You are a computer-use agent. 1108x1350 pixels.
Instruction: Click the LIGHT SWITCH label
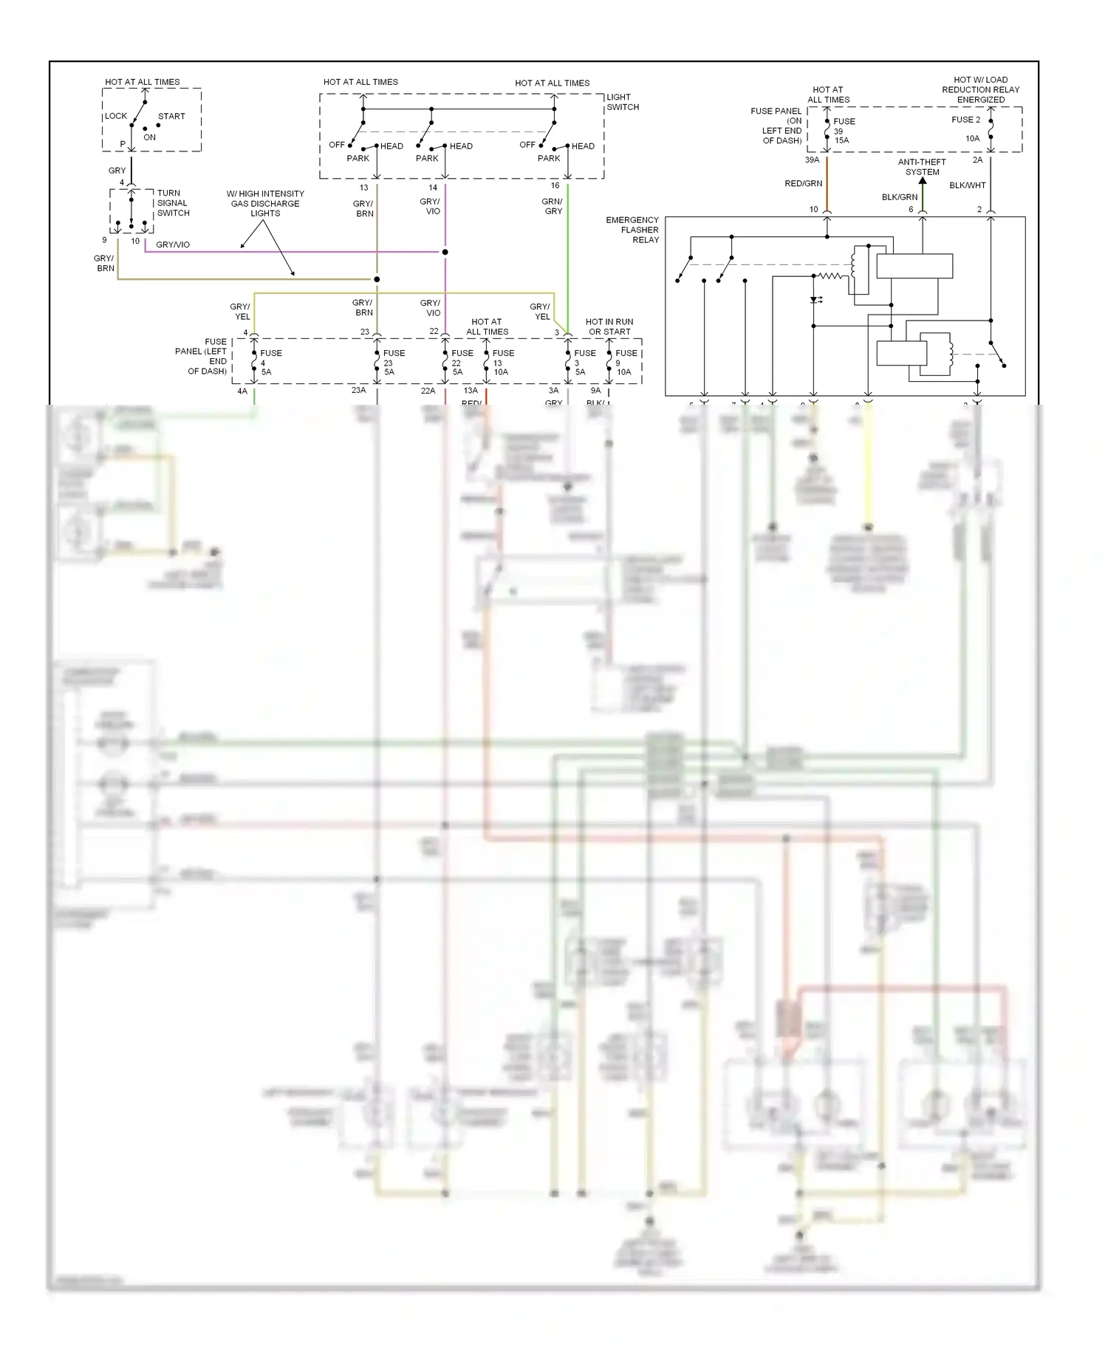click(x=622, y=102)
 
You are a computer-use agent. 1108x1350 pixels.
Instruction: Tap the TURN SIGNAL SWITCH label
click(x=173, y=203)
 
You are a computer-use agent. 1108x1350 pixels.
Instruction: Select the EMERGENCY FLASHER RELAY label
click(x=633, y=230)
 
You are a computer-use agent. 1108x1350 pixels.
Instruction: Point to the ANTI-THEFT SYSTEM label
click(x=922, y=167)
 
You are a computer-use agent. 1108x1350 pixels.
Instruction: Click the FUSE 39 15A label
click(x=843, y=131)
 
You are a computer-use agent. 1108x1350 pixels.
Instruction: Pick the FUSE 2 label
click(x=965, y=120)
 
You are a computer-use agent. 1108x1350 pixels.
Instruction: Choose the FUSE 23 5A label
click(x=392, y=363)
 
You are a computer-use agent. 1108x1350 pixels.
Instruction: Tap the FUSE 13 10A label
click(x=502, y=363)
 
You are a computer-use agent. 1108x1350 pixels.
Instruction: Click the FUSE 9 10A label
click(x=625, y=363)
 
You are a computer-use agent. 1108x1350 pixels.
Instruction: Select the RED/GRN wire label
click(x=803, y=184)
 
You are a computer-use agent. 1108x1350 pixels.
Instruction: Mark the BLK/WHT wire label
click(x=967, y=185)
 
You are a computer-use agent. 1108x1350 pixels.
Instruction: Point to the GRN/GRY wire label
click(x=553, y=206)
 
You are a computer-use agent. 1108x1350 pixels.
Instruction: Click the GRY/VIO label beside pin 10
click(x=173, y=244)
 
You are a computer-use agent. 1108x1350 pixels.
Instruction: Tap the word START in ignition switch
click(x=171, y=116)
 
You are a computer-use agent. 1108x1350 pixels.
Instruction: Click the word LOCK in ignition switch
click(x=116, y=116)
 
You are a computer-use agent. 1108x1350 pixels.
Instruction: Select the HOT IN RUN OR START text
click(x=609, y=326)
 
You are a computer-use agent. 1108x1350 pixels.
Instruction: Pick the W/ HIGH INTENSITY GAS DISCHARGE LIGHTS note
click(x=265, y=203)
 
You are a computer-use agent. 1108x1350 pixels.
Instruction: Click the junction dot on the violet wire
click(x=445, y=253)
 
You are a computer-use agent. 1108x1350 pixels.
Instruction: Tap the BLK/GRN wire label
click(x=899, y=197)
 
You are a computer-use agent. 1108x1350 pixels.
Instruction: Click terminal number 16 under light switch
click(x=555, y=185)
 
